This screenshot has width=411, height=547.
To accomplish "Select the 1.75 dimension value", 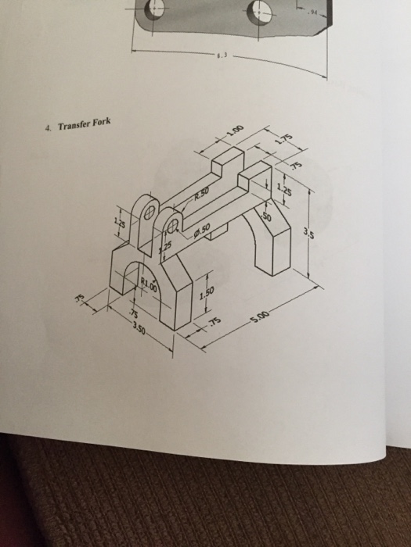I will [x=283, y=141].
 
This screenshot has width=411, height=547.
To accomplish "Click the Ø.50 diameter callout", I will [x=201, y=229].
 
